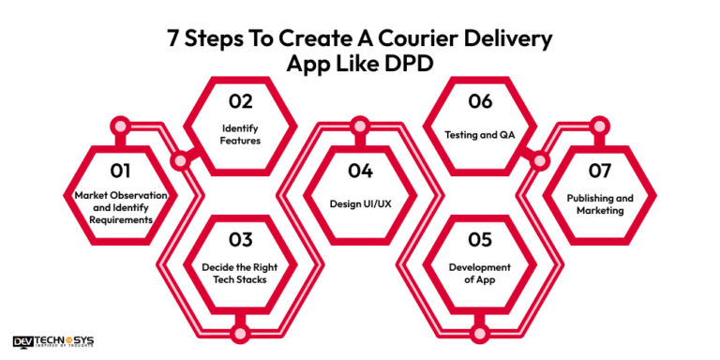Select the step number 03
coord(240,239)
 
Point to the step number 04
coord(359,171)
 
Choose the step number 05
coord(479,239)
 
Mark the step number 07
coord(600,171)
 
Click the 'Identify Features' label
coord(240,133)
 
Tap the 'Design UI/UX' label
coord(359,203)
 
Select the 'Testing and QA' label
coord(479,133)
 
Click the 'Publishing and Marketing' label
coord(600,203)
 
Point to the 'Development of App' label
coord(479,273)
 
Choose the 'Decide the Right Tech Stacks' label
coord(240,273)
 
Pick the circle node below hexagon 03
coord(240,331)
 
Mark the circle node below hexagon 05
coord(479,331)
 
